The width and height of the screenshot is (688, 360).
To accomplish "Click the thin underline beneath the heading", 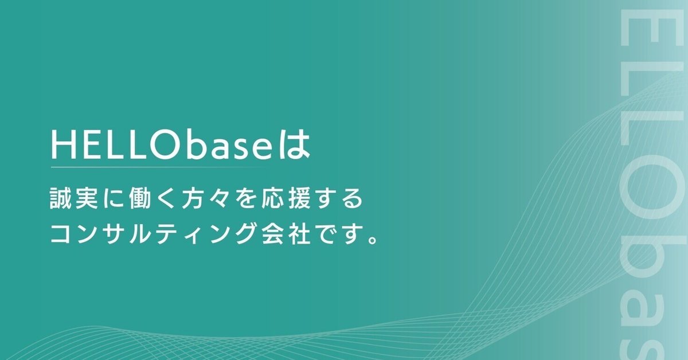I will click(161, 167).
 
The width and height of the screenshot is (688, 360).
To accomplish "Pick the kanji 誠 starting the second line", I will click(61, 201).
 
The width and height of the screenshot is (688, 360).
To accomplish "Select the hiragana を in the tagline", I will click(247, 201).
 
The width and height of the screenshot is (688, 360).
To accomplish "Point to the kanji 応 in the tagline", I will click(273, 201).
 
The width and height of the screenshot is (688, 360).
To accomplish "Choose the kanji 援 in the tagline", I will click(300, 201).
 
